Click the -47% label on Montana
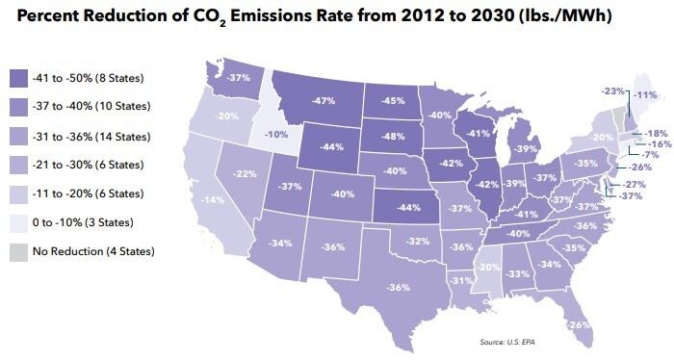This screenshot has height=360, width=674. pyautogui.click(x=323, y=100)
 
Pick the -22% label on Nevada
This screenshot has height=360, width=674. pyautogui.click(x=246, y=174)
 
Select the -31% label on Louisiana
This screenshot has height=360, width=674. pyautogui.click(x=460, y=280)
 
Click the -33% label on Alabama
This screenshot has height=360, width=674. pyautogui.click(x=518, y=273)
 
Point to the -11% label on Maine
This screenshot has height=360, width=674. pyautogui.click(x=645, y=95)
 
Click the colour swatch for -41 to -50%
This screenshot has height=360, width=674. pyautogui.click(x=18, y=76)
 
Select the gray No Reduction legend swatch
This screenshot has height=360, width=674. pyautogui.click(x=18, y=251)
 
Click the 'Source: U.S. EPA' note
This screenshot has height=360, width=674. pyautogui.click(x=505, y=342)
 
